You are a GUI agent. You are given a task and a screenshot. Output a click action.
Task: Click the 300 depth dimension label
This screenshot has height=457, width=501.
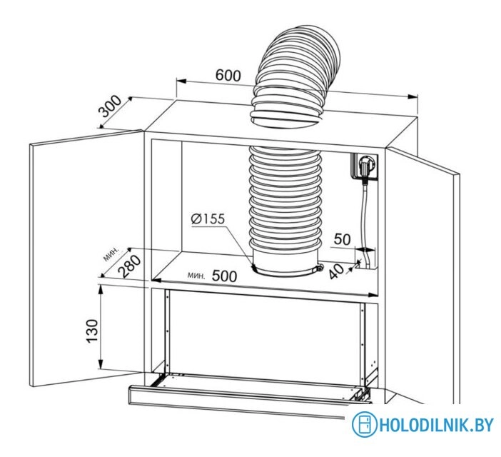click(x=111, y=108)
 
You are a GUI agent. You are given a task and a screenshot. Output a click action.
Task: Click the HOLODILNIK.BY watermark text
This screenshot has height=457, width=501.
click(x=436, y=425)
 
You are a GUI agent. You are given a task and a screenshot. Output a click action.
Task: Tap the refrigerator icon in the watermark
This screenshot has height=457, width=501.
click(x=365, y=425)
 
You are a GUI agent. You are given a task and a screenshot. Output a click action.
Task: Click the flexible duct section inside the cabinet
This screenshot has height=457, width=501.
click(x=285, y=200)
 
